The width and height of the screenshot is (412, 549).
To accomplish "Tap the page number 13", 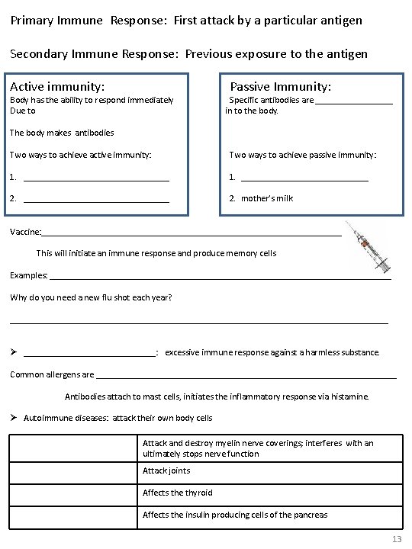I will pyautogui.click(x=396, y=539).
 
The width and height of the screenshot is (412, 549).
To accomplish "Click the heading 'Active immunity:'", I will pyautogui.click(x=56, y=87).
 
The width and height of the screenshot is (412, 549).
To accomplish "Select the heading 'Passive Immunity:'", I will pyautogui.click(x=280, y=87).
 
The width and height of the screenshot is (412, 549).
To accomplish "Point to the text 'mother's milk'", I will pyautogui.click(x=266, y=198).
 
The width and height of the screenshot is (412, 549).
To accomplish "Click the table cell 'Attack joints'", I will pyautogui.click(x=166, y=470).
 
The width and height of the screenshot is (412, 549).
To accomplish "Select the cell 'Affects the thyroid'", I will pyautogui.click(x=178, y=493).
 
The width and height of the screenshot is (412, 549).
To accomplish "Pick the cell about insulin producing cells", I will pyautogui.click(x=235, y=515).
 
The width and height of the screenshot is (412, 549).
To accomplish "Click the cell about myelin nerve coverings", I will pyautogui.click(x=258, y=448).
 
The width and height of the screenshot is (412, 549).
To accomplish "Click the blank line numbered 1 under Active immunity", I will pyautogui.click(x=96, y=178).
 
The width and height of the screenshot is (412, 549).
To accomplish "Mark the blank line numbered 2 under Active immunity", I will pyautogui.click(x=96, y=199).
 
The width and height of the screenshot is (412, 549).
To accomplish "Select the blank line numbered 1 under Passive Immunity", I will pyautogui.click(x=304, y=178).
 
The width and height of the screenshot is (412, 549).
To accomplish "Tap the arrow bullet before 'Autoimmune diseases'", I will pyautogui.click(x=14, y=418).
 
